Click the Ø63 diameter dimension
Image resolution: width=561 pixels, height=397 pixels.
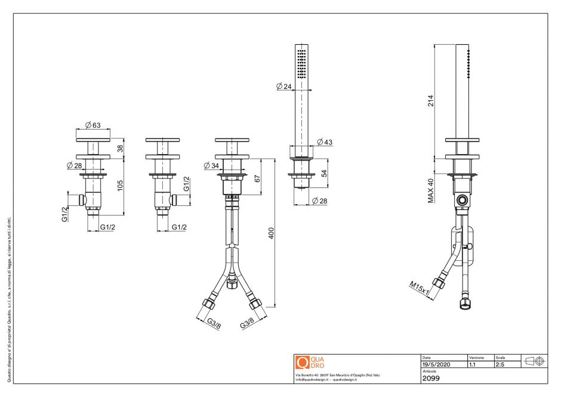click(x=93, y=125)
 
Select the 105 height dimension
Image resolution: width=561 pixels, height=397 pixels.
click(x=119, y=186)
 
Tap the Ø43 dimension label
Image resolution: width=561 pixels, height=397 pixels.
click(x=325, y=142)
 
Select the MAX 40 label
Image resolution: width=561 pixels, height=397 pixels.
click(x=430, y=191)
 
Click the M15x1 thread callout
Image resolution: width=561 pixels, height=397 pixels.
click(x=420, y=288)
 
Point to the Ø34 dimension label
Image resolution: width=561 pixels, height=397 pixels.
click(x=211, y=165)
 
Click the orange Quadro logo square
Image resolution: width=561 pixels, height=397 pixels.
click(x=302, y=362)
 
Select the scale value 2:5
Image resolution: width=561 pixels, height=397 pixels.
click(x=500, y=364)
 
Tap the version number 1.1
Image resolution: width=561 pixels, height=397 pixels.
click(x=473, y=364)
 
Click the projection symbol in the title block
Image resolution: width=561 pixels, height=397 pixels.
click(x=534, y=361)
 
